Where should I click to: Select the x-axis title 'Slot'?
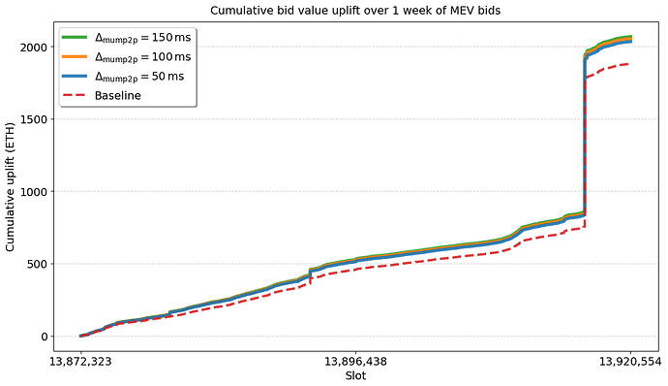(355, 375)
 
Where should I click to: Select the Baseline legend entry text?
(117, 95)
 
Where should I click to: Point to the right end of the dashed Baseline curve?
(630, 64)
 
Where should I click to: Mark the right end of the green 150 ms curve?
(631, 36)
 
